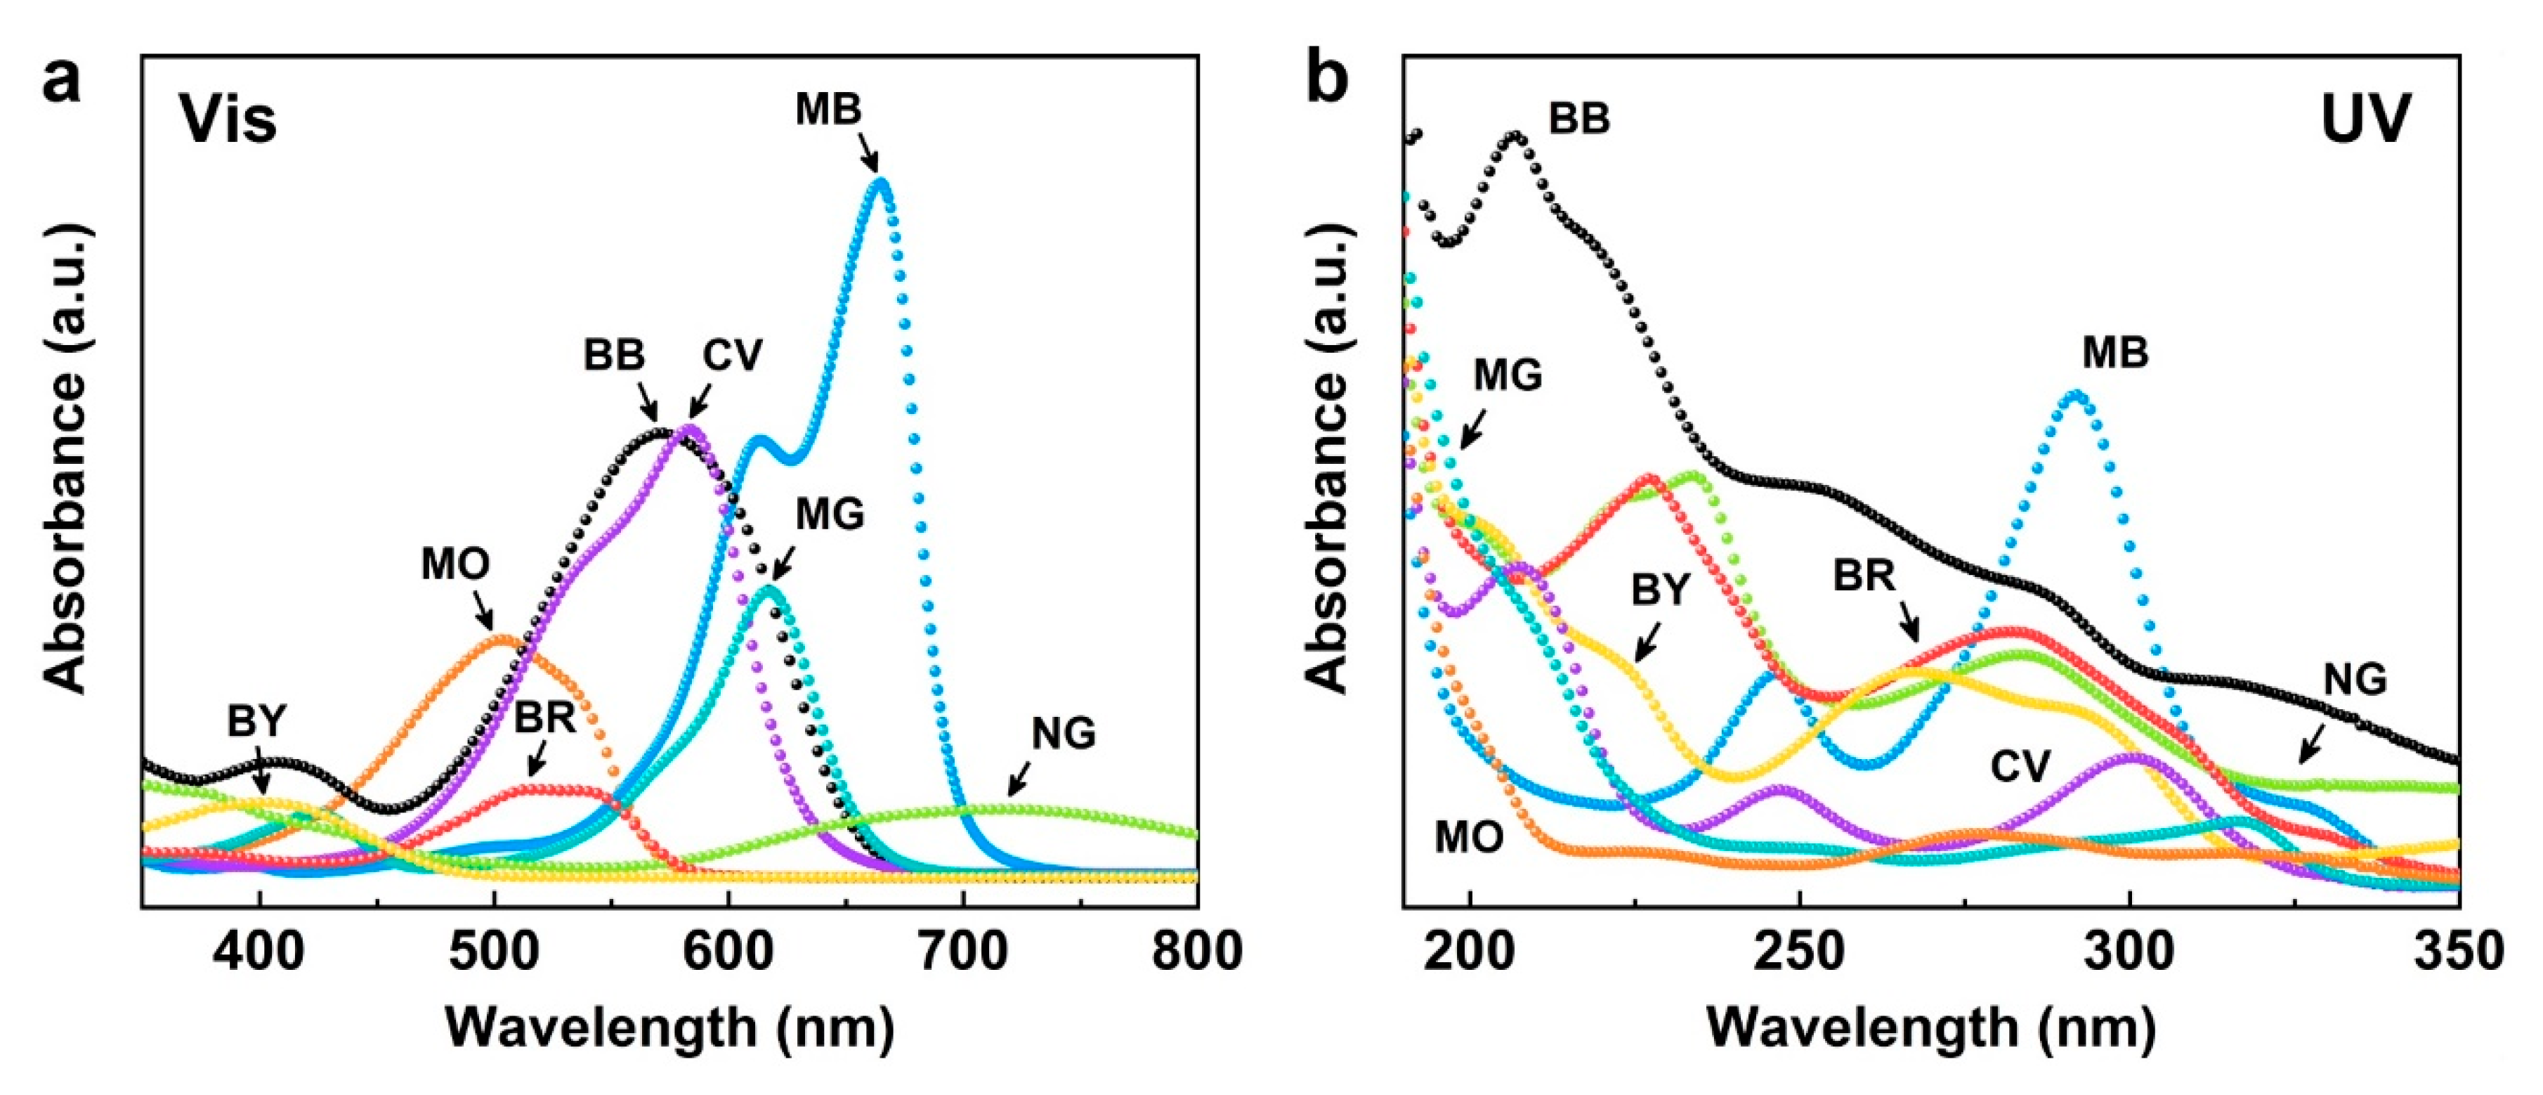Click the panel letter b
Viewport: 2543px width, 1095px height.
click(1326, 79)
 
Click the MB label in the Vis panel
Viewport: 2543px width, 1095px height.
click(828, 110)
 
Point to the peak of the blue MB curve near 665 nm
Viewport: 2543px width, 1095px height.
click(881, 181)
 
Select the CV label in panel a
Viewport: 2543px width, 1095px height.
click(733, 356)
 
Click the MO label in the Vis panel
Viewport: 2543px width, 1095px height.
click(455, 565)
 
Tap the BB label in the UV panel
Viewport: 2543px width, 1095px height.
click(1578, 119)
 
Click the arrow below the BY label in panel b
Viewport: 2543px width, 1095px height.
click(1647, 644)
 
